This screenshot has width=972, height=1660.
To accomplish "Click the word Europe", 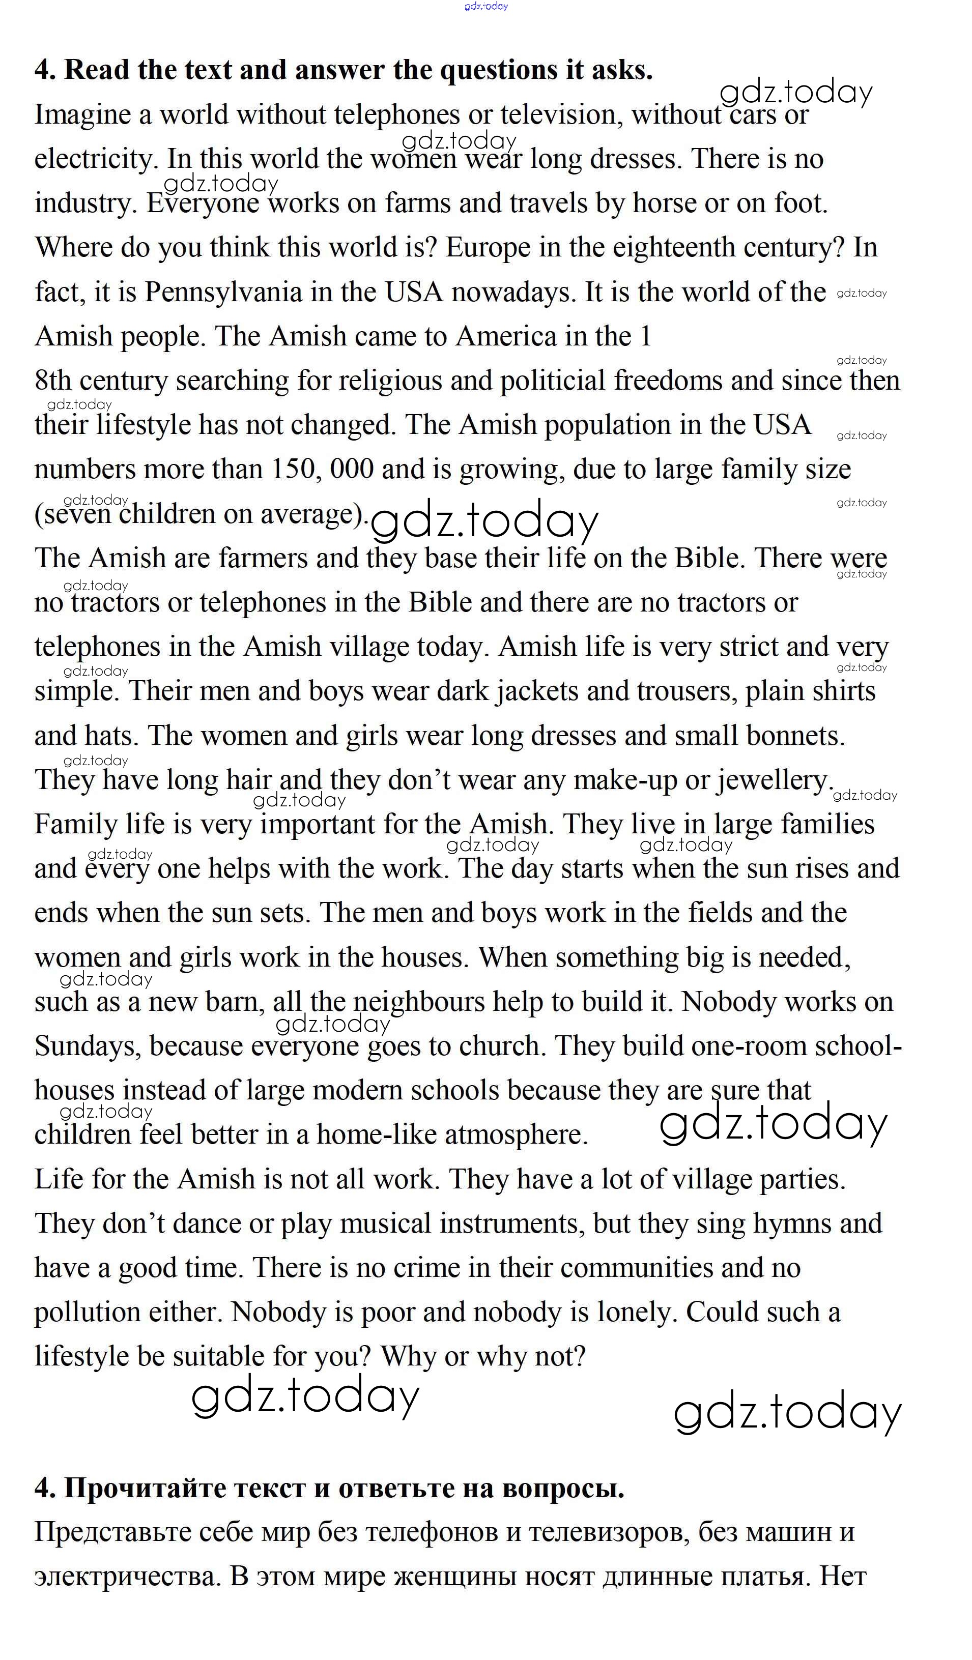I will coord(488,248).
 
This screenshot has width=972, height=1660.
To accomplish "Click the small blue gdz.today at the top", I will coord(487,7).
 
